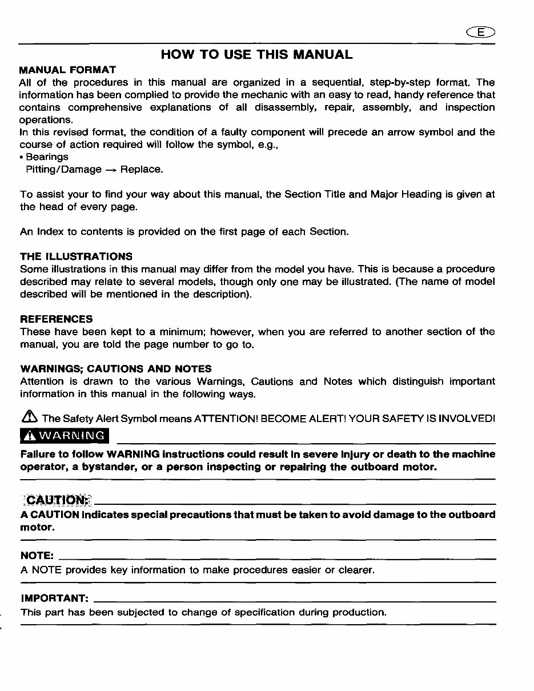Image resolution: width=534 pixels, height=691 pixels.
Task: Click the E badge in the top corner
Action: point(481,32)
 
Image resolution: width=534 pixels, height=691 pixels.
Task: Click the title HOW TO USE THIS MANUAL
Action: point(256,55)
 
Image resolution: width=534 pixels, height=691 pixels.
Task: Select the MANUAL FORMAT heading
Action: point(67,70)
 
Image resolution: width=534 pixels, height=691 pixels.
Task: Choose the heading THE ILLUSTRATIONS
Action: point(76,256)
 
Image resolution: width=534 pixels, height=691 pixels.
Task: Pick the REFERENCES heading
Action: point(56,319)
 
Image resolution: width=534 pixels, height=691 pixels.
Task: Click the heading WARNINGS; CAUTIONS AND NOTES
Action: point(115,369)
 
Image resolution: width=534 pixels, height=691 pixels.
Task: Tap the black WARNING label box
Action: point(64,436)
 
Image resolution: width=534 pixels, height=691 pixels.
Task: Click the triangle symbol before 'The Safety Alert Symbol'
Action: point(29,419)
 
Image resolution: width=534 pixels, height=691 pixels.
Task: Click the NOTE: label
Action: point(37,556)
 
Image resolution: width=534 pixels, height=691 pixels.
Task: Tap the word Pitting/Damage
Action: point(63,170)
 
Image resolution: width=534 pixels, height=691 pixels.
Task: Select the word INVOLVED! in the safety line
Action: point(467,419)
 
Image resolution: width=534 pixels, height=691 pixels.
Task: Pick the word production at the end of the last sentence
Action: point(359,613)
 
